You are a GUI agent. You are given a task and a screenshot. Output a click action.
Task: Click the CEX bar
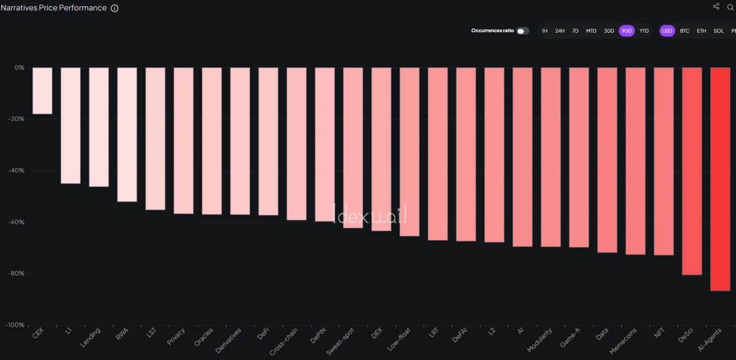pyautogui.click(x=42, y=91)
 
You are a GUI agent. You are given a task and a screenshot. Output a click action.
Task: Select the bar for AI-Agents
pyautogui.click(x=720, y=179)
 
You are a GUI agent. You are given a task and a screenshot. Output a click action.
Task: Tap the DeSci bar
pyautogui.click(x=692, y=171)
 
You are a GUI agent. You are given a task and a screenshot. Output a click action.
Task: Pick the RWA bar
pyautogui.click(x=127, y=135)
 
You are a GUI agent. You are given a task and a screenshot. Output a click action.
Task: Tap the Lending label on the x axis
pyautogui.click(x=91, y=337)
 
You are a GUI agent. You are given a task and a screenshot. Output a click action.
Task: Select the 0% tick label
pyautogui.click(x=20, y=67)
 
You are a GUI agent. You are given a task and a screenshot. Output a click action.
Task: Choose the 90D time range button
pyautogui.click(x=626, y=31)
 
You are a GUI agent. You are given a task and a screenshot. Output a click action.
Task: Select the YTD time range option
pyautogui.click(x=644, y=31)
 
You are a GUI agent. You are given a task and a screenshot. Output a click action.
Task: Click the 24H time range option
pyautogui.click(x=559, y=31)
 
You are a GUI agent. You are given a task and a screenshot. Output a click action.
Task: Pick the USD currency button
pyautogui.click(x=667, y=31)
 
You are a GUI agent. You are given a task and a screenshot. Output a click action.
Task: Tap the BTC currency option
pyautogui.click(x=684, y=31)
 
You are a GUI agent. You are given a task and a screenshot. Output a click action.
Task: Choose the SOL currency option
pyautogui.click(x=719, y=31)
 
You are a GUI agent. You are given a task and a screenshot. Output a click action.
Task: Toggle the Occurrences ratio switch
pyautogui.click(x=523, y=31)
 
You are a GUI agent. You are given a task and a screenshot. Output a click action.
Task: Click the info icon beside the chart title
pyautogui.click(x=114, y=8)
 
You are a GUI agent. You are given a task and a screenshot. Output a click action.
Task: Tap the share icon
pyautogui.click(x=716, y=6)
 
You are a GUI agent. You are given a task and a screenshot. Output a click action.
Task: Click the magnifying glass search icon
pyautogui.click(x=731, y=7)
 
